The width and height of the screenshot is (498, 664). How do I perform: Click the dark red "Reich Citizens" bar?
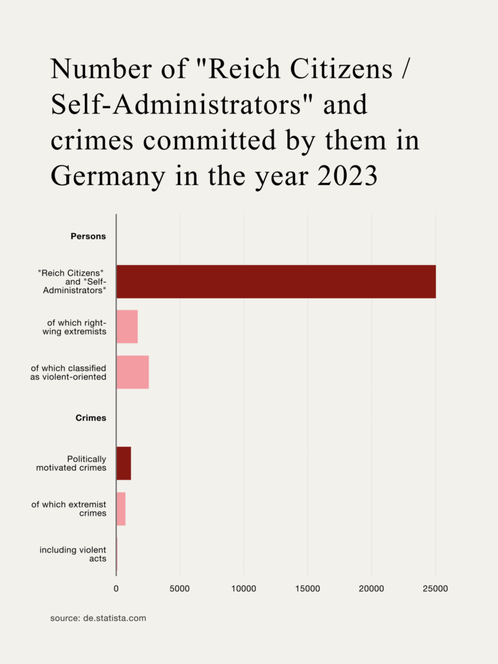276,281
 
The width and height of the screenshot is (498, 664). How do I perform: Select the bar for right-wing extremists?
127,327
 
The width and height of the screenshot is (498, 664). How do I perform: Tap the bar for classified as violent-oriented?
132,372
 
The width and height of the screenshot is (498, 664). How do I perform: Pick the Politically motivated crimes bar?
124,463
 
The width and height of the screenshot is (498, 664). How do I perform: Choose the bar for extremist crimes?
121,508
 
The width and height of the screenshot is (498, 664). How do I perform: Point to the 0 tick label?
116,589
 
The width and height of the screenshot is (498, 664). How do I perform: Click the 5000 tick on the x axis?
180,589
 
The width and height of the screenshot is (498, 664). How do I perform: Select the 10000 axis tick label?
243,589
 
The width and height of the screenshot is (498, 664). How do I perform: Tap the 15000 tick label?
307,589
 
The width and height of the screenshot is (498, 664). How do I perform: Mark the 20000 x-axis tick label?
371,589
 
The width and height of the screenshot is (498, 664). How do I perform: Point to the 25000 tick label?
435,589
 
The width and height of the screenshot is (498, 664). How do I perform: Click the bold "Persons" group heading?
88,237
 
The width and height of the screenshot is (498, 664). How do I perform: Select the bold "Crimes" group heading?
91,418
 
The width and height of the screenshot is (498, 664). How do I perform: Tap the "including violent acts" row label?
73,554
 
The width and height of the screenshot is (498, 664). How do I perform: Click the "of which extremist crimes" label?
69,509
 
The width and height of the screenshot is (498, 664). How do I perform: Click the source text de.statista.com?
98,618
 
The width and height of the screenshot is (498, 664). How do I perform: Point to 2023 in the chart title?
348,176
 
